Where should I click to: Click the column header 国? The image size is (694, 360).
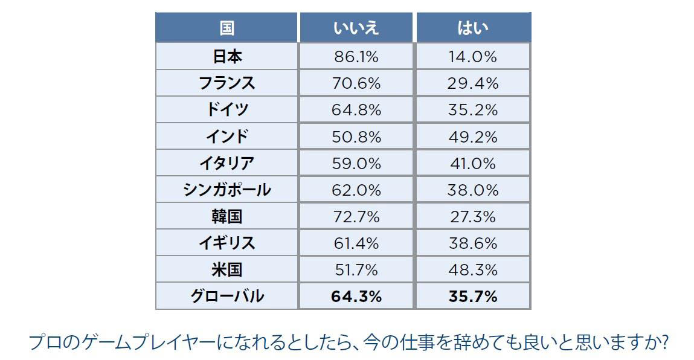click(x=227, y=28)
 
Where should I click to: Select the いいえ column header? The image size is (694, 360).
click(x=356, y=28)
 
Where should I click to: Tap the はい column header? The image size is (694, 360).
click(x=472, y=28)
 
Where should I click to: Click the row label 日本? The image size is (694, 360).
click(x=227, y=57)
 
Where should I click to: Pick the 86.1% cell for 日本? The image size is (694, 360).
click(x=356, y=57)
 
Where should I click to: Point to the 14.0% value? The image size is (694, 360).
click(x=472, y=57)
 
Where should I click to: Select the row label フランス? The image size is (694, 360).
click(x=227, y=83)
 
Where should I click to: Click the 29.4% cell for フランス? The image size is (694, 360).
click(x=472, y=83)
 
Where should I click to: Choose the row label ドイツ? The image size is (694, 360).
click(x=227, y=110)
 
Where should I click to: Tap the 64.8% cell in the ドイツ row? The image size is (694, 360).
click(x=356, y=110)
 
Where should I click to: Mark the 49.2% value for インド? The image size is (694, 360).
click(x=472, y=137)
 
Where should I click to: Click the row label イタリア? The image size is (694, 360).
click(x=227, y=163)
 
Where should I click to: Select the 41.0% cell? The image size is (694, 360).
click(x=472, y=163)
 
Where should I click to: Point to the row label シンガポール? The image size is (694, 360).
click(x=227, y=190)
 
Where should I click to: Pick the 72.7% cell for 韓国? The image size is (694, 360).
click(x=356, y=216)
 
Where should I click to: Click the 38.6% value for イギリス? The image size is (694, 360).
click(x=472, y=243)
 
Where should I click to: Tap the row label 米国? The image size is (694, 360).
click(x=227, y=269)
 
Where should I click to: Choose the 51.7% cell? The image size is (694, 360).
click(x=356, y=269)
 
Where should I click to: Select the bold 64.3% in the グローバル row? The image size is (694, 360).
click(x=356, y=296)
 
